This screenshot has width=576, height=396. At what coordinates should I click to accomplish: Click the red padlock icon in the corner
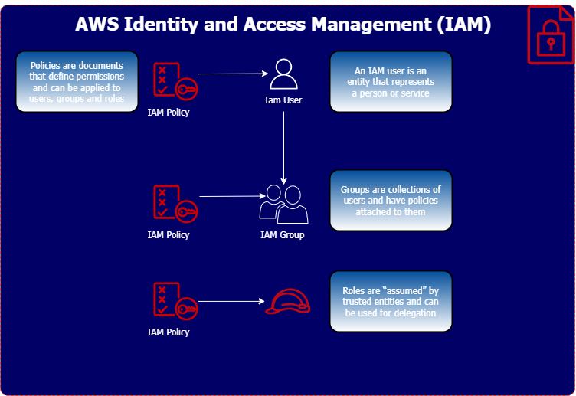click(550, 35)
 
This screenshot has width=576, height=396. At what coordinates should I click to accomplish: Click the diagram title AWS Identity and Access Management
click(283, 25)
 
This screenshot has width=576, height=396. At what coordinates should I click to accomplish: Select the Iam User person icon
click(283, 75)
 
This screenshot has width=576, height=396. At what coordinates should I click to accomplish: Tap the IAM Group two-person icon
click(283, 204)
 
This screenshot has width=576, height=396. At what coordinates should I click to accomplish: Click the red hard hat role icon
click(288, 302)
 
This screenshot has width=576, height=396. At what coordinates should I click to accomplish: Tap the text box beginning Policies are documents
click(77, 82)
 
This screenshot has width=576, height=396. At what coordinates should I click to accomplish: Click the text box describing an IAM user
click(391, 82)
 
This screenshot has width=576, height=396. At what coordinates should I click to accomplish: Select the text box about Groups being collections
click(391, 201)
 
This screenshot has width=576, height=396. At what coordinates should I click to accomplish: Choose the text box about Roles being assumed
click(391, 302)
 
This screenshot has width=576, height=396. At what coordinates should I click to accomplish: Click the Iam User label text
click(283, 100)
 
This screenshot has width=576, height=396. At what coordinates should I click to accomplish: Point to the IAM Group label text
click(283, 235)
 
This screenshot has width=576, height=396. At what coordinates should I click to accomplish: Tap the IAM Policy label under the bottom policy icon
click(169, 332)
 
